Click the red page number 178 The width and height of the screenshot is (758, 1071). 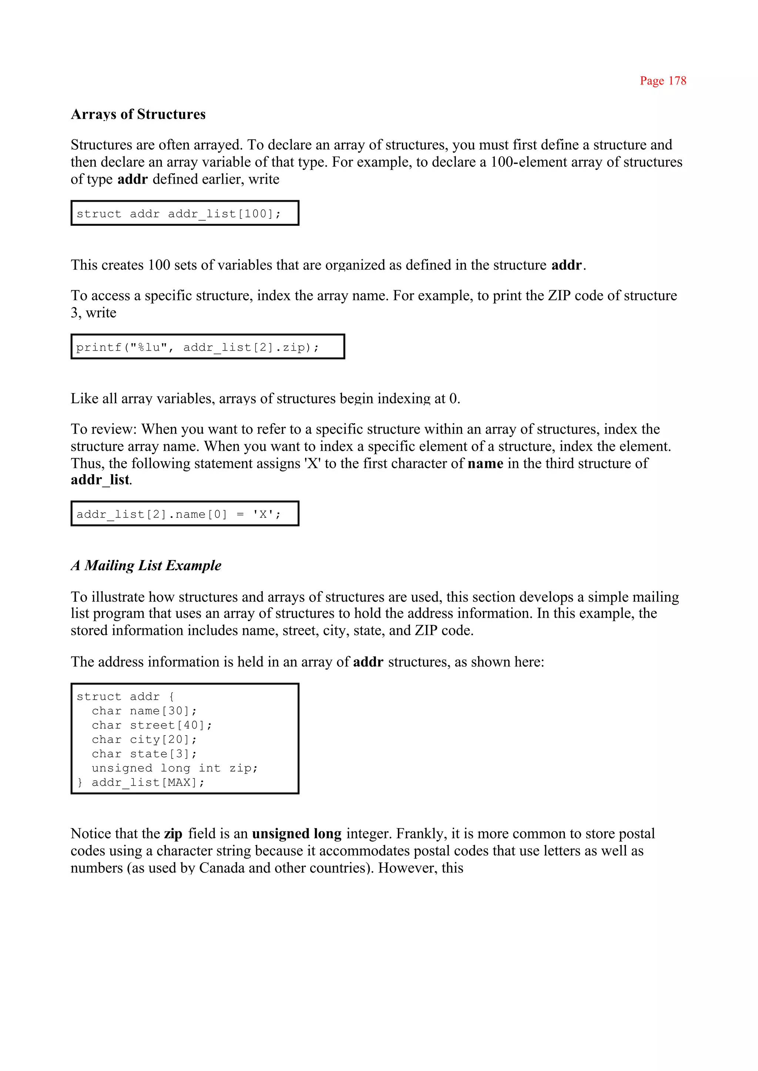pyautogui.click(x=663, y=81)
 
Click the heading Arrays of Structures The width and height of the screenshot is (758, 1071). pyautogui.click(x=138, y=114)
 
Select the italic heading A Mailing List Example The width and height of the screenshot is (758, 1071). pyautogui.click(x=146, y=565)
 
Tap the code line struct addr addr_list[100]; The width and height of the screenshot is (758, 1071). pyautogui.click(x=179, y=214)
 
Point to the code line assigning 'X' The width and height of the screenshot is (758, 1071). pyautogui.click(x=179, y=515)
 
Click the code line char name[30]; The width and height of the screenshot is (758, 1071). pyautogui.click(x=144, y=711)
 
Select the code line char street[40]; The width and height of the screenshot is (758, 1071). pyautogui.click(x=152, y=726)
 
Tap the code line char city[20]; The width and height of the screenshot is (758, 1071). pyautogui.click(x=144, y=740)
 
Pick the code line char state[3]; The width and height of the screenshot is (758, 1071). pyautogui.click(x=144, y=754)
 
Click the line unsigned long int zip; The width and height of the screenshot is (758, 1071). pyautogui.click(x=175, y=769)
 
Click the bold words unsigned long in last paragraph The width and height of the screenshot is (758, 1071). pyautogui.click(x=296, y=834)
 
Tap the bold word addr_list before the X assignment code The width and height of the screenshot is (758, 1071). pyautogui.click(x=100, y=480)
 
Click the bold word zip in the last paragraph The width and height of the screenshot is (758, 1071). pyautogui.click(x=173, y=834)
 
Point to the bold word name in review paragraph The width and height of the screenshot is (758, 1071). pyautogui.click(x=486, y=463)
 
